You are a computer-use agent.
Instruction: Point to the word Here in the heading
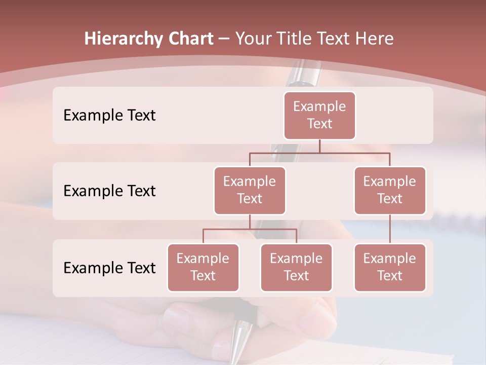(374, 39)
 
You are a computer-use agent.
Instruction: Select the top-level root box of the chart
(319, 116)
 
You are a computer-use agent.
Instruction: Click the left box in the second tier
(250, 191)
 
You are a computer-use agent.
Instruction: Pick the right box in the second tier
(390, 191)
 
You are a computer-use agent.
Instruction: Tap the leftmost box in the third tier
(203, 268)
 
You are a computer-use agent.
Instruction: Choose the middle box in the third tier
(296, 268)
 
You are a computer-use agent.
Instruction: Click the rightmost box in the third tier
(390, 268)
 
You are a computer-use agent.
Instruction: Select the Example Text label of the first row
(109, 116)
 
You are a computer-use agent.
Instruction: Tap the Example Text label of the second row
(109, 191)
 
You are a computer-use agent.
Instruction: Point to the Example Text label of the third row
(109, 268)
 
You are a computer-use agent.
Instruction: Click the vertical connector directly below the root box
(319, 146)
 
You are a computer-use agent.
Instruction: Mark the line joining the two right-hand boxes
(390, 229)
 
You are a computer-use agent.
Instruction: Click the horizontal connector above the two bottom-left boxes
(250, 229)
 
